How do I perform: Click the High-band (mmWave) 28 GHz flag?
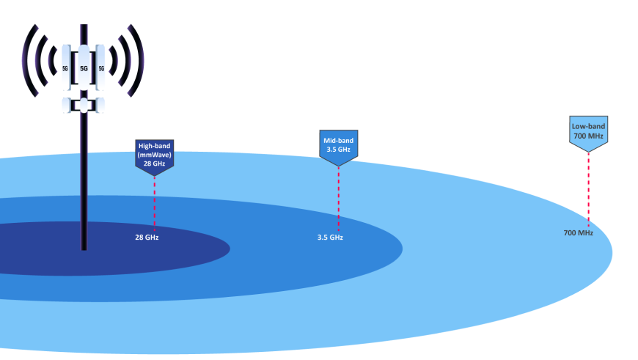154,155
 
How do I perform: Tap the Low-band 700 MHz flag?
588,131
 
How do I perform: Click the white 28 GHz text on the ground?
147,238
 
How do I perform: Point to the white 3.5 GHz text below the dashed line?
330,238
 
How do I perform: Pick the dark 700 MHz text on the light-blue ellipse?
578,233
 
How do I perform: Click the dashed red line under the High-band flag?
155,202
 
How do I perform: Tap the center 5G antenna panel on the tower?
84,67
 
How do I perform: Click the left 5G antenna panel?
66,67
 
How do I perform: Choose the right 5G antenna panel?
101,67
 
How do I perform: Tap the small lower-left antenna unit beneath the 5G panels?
66,106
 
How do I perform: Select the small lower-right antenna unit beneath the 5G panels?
101,106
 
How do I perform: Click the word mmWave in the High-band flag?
155,155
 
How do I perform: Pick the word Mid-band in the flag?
338,140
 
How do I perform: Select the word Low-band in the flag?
588,126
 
